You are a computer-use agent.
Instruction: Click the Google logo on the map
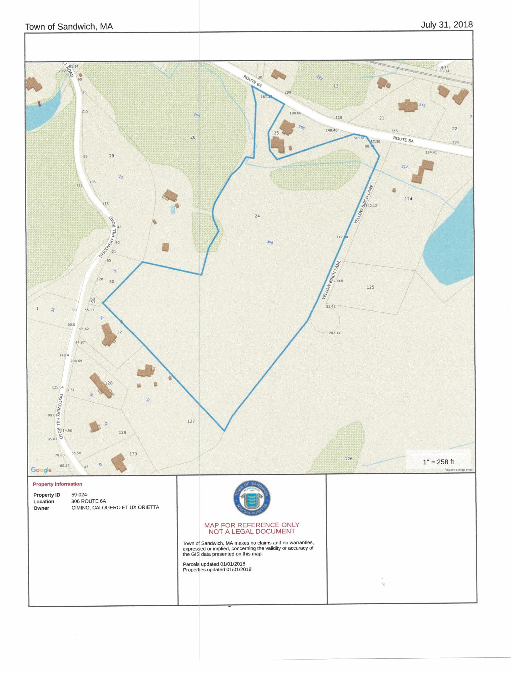click(x=41, y=470)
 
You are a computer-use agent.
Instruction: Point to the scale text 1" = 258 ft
click(x=438, y=462)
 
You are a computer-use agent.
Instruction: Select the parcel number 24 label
click(x=257, y=216)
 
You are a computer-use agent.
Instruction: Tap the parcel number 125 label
click(x=370, y=287)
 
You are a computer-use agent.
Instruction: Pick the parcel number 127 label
click(x=191, y=421)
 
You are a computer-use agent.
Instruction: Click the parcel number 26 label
click(x=193, y=137)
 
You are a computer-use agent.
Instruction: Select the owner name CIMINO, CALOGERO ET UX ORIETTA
click(x=115, y=507)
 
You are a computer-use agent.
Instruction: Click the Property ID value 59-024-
click(x=80, y=495)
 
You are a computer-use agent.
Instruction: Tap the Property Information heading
click(x=58, y=484)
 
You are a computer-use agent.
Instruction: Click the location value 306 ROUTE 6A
click(x=89, y=501)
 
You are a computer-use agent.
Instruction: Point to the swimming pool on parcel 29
click(x=173, y=210)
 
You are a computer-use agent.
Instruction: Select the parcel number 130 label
click(x=133, y=454)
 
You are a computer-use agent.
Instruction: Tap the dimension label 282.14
click(x=334, y=333)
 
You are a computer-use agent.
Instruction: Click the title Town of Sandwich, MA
click(x=69, y=27)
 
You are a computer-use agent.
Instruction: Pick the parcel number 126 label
click(x=349, y=459)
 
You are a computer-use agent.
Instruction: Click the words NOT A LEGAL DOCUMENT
click(x=251, y=531)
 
